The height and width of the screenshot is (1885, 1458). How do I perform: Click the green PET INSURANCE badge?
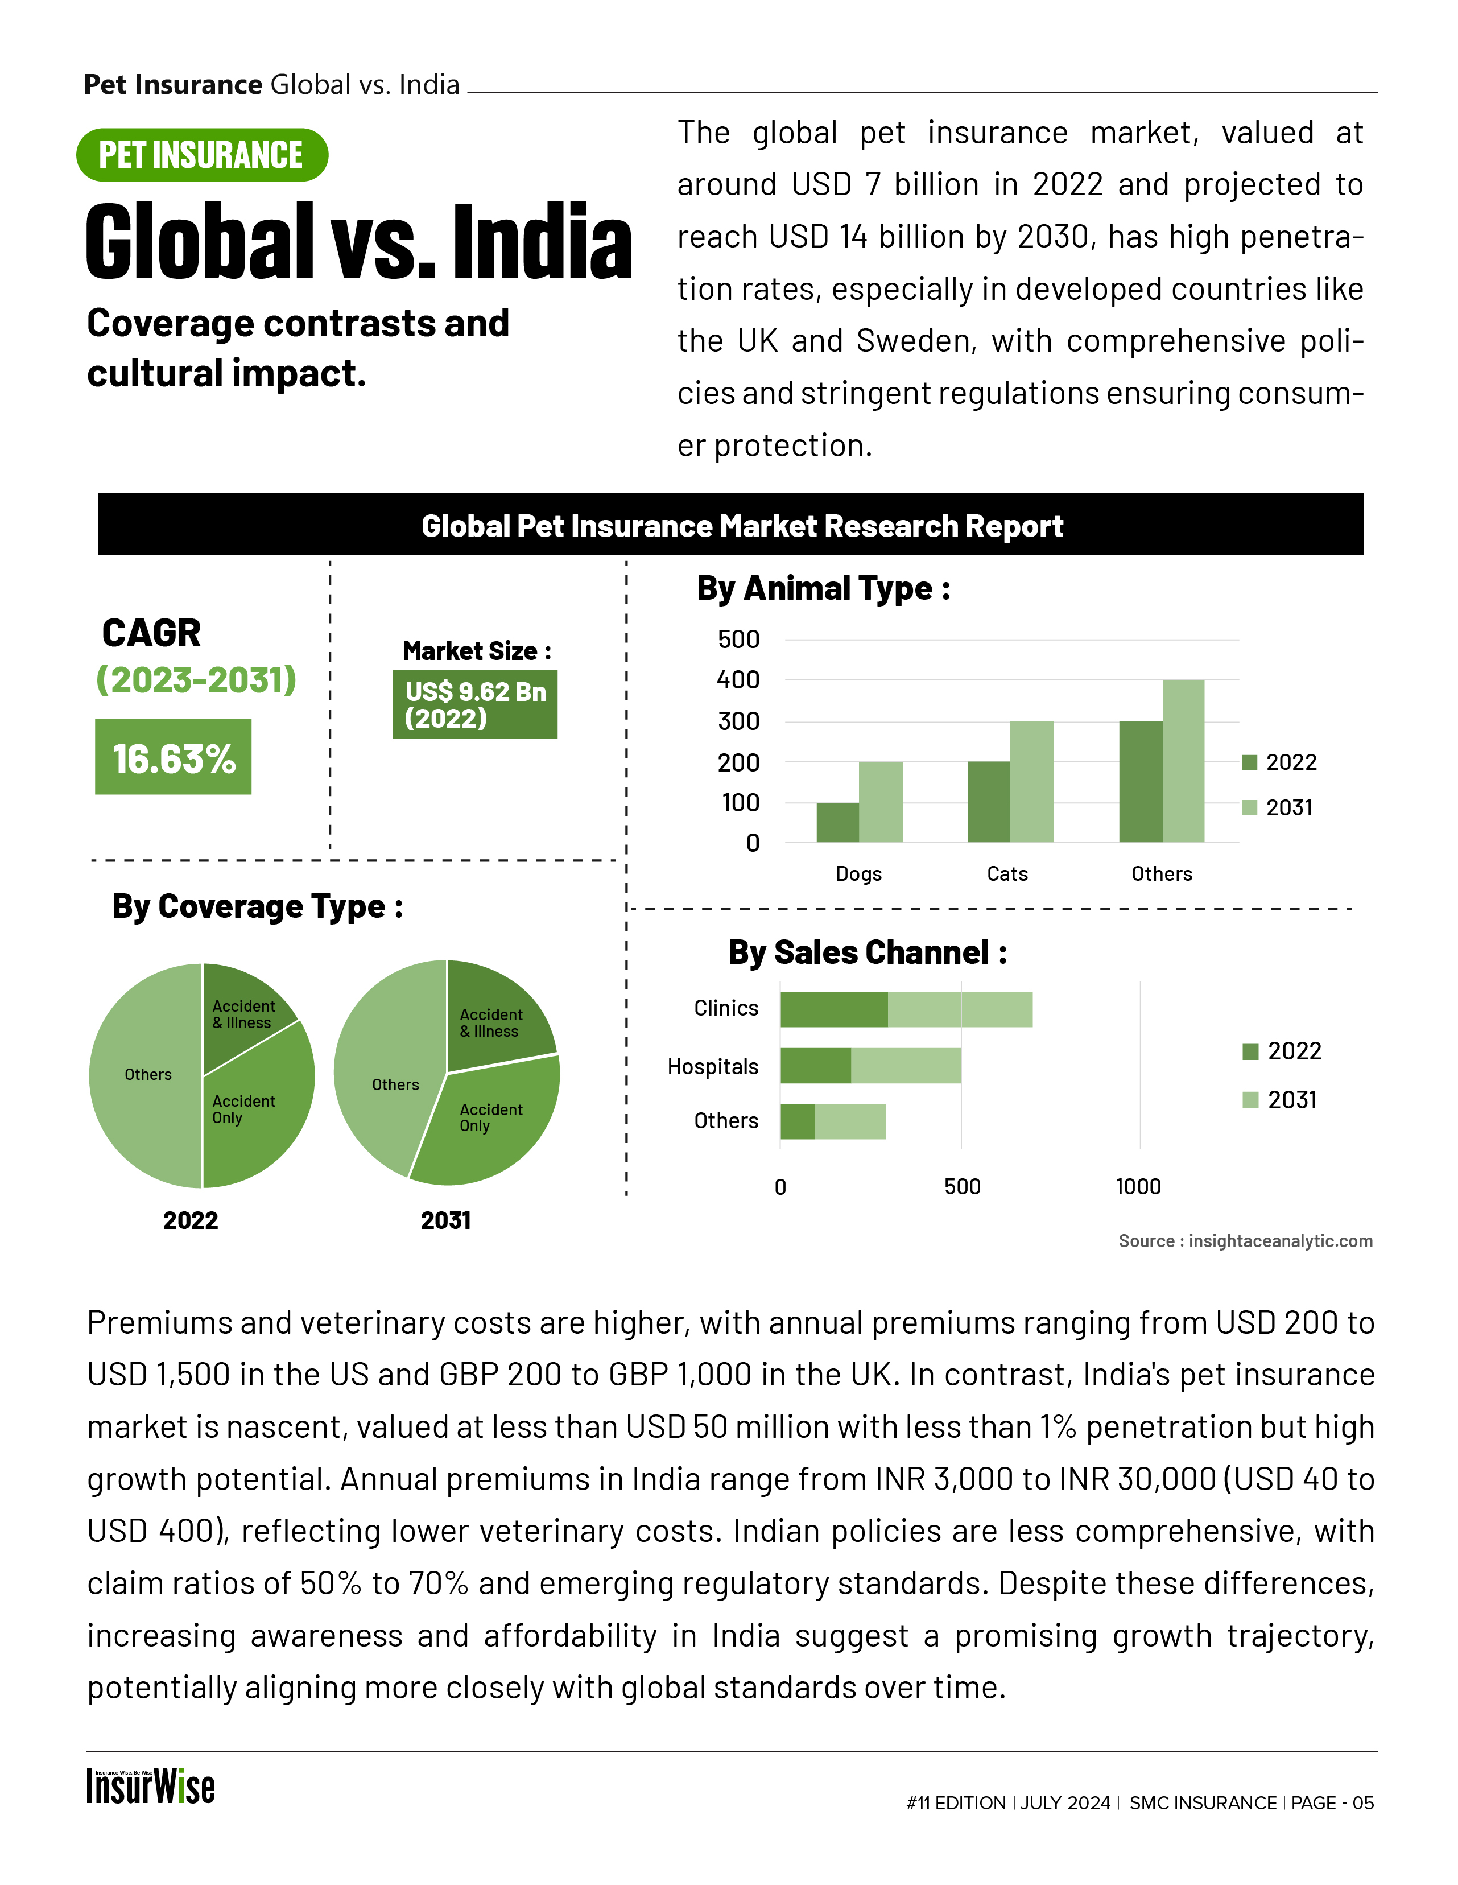[x=202, y=155]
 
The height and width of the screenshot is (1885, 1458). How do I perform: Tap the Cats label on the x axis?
[x=1007, y=873]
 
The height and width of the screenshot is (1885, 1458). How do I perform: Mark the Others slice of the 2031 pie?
[x=388, y=1079]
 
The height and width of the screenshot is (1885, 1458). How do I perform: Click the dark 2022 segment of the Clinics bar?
[x=833, y=1009]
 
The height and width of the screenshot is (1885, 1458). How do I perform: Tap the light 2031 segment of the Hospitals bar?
[x=906, y=1066]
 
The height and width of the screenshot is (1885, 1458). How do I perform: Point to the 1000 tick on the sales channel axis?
[x=1138, y=1187]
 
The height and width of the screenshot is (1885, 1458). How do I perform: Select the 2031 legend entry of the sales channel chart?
[x=1281, y=1100]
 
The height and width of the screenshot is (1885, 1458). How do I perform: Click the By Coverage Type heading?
[x=257, y=906]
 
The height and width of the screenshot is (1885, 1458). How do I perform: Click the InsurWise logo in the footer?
[x=150, y=1787]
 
